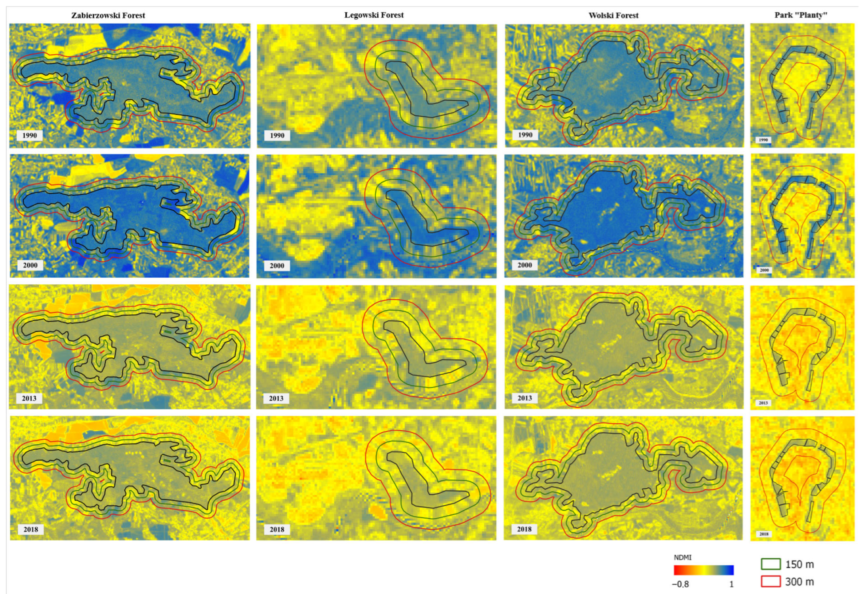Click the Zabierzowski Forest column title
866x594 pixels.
(x=108, y=16)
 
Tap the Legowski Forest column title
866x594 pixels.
(x=374, y=15)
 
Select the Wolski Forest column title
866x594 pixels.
(x=613, y=16)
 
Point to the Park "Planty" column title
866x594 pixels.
(x=801, y=15)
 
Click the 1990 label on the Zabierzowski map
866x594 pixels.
(x=30, y=135)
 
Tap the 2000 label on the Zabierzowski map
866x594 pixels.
(x=30, y=265)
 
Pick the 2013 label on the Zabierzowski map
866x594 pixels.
(x=29, y=398)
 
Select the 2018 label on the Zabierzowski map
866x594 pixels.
(x=30, y=529)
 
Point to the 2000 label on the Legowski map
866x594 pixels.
(x=277, y=266)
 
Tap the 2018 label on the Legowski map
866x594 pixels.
(x=277, y=529)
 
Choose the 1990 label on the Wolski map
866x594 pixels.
(x=525, y=135)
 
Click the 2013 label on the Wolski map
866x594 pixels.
(x=524, y=398)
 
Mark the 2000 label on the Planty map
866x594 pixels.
(x=764, y=270)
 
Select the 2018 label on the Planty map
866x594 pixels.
(x=764, y=534)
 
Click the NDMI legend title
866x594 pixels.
(x=682, y=558)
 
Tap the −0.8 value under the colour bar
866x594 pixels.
(x=680, y=584)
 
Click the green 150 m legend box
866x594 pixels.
(x=771, y=564)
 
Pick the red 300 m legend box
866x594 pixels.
(x=771, y=581)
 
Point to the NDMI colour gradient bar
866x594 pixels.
(x=703, y=570)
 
